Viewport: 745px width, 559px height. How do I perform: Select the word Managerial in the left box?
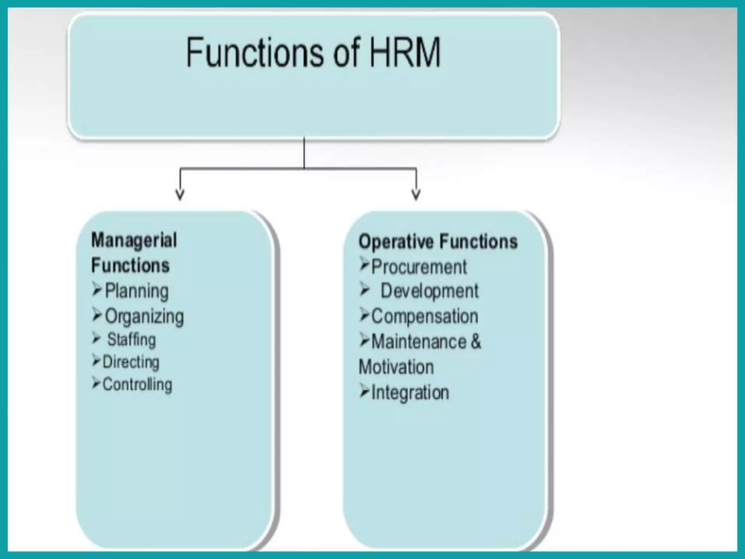pyautogui.click(x=134, y=241)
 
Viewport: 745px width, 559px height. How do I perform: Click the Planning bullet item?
pyautogui.click(x=136, y=291)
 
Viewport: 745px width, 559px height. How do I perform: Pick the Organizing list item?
pyautogui.click(x=144, y=316)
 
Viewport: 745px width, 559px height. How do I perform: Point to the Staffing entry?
pyautogui.click(x=131, y=340)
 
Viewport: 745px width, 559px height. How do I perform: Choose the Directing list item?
pyautogui.click(x=131, y=362)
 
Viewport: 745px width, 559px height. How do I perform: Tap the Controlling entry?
pyautogui.click(x=137, y=385)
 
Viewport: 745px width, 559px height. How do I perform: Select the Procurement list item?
pyautogui.click(x=419, y=267)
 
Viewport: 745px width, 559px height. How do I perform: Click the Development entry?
pyautogui.click(x=429, y=291)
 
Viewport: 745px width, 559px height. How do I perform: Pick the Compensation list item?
pyautogui.click(x=425, y=316)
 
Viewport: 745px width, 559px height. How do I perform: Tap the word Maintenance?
pyautogui.click(x=419, y=342)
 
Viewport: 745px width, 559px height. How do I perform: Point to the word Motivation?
pyautogui.click(x=396, y=367)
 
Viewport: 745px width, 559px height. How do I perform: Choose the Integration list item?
pyautogui.click(x=410, y=393)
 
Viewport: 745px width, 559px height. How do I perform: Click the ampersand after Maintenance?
pyautogui.click(x=476, y=342)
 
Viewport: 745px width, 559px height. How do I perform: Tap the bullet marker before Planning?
pyautogui.click(x=97, y=290)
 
